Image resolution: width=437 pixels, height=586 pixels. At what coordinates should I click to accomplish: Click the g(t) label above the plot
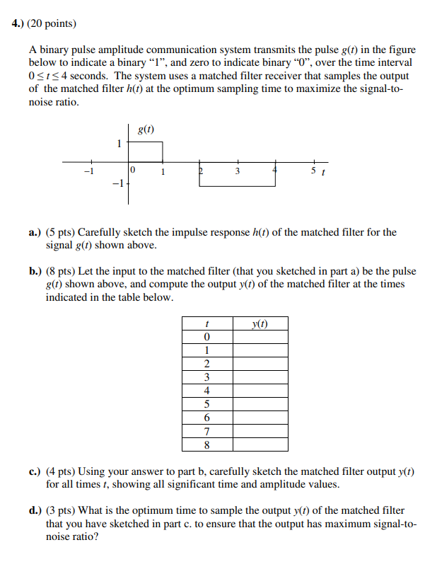[x=146, y=130]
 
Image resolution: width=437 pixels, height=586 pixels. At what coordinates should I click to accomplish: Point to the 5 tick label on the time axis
[x=314, y=171]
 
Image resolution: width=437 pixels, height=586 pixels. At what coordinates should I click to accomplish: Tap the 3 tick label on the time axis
[x=238, y=171]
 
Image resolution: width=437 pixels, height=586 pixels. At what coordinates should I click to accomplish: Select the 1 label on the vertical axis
[x=120, y=143]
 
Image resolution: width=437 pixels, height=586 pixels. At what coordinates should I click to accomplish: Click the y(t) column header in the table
[x=260, y=324]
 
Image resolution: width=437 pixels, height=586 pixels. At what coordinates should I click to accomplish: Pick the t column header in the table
[x=206, y=324]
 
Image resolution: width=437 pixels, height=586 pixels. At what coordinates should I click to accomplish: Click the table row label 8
[x=206, y=444]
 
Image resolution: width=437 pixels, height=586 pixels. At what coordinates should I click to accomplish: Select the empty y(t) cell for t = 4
[x=260, y=391]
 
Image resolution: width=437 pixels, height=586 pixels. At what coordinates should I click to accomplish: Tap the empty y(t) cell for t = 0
[x=260, y=337]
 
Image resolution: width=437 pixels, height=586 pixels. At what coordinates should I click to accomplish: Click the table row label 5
[x=206, y=404]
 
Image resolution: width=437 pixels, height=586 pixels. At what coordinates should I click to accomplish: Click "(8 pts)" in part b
[x=61, y=272]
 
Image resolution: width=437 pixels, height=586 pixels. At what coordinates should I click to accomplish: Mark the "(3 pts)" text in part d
[x=61, y=510]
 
